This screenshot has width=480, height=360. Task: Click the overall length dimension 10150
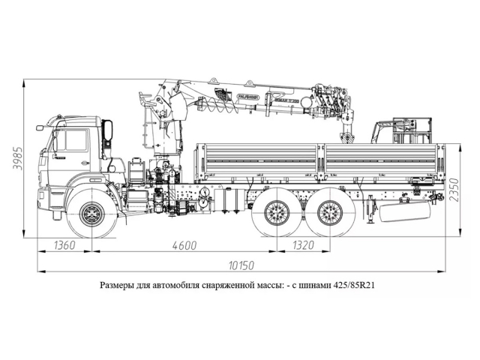[x=238, y=264]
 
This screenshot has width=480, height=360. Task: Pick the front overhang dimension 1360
[x=65, y=245]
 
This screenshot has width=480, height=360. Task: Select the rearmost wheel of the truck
[x=327, y=212]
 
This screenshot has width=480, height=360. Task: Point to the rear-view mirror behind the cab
[x=108, y=132]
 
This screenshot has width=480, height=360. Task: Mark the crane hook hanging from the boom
[x=346, y=137]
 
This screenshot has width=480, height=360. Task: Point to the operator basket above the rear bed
[x=406, y=129]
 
